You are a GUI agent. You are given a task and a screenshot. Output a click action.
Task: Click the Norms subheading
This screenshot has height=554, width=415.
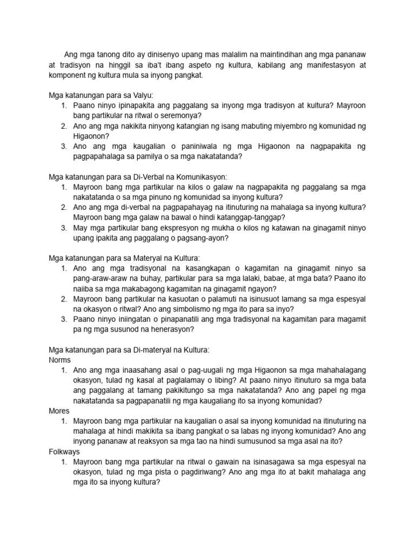click(59, 360)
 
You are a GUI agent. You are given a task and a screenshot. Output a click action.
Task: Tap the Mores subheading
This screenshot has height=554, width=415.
click(59, 411)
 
